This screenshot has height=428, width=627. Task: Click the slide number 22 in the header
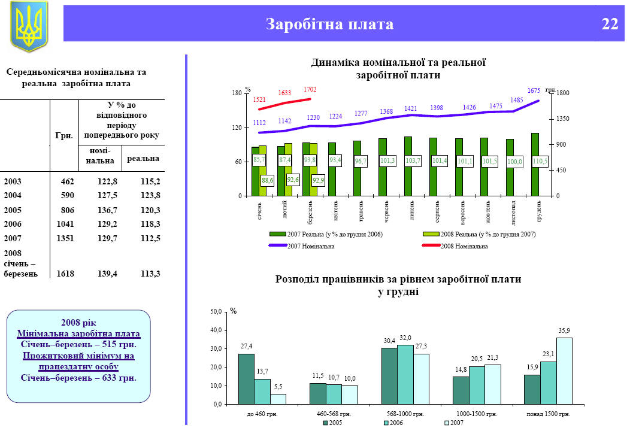point(610,25)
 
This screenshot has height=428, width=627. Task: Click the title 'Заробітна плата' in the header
point(329,25)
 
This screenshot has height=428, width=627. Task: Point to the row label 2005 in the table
point(13,210)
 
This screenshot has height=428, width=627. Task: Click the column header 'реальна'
point(143,159)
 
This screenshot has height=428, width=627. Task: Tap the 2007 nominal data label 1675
point(534,90)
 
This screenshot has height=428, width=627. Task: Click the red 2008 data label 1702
point(310,90)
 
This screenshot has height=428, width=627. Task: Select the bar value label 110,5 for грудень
point(540,162)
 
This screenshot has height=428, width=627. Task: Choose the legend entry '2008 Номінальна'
point(464,246)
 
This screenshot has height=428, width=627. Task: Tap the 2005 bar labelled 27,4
point(246,378)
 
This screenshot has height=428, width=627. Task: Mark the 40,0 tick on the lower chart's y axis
point(214,330)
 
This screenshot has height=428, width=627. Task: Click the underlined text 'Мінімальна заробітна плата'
point(78,333)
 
